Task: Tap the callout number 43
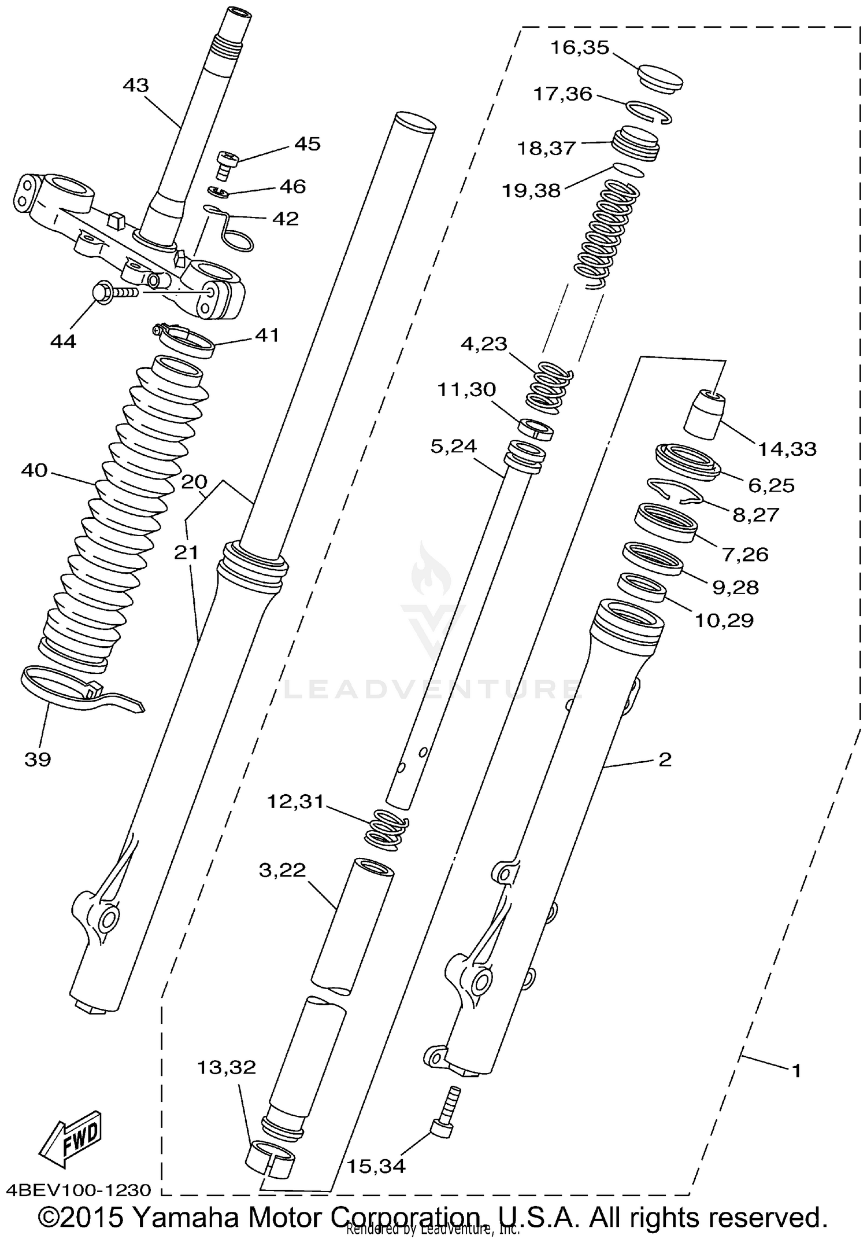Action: [x=136, y=86]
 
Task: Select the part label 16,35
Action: [x=579, y=47]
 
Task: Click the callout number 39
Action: [x=38, y=759]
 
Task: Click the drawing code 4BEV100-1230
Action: [x=79, y=1190]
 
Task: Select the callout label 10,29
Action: [x=724, y=621]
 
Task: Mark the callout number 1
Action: [x=796, y=1071]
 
